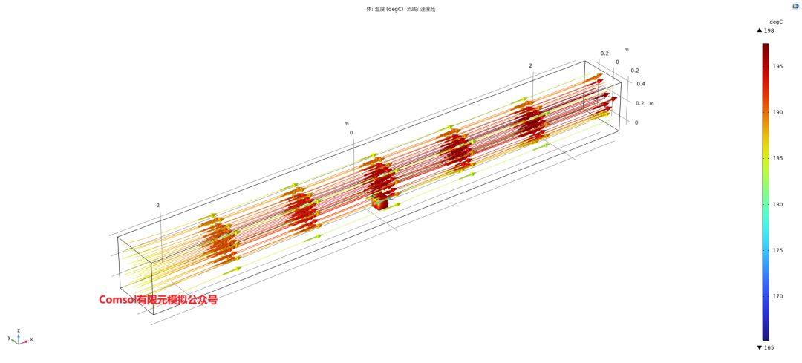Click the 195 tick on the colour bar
tap(776, 67)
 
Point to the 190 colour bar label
tap(776, 113)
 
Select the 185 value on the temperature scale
tap(776, 159)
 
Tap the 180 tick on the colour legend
tap(776, 204)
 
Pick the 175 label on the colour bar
tap(776, 250)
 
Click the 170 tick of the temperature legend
tap(776, 296)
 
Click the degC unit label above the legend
tap(776, 22)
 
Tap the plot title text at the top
tap(400, 9)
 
